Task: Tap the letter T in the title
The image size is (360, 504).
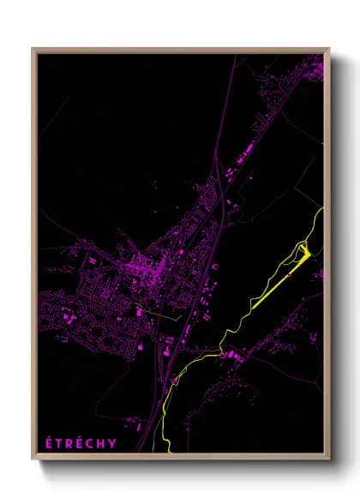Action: tap(60, 443)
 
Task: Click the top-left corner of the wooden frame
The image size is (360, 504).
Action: tap(33, 49)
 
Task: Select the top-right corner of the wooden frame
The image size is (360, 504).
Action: tap(328, 49)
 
